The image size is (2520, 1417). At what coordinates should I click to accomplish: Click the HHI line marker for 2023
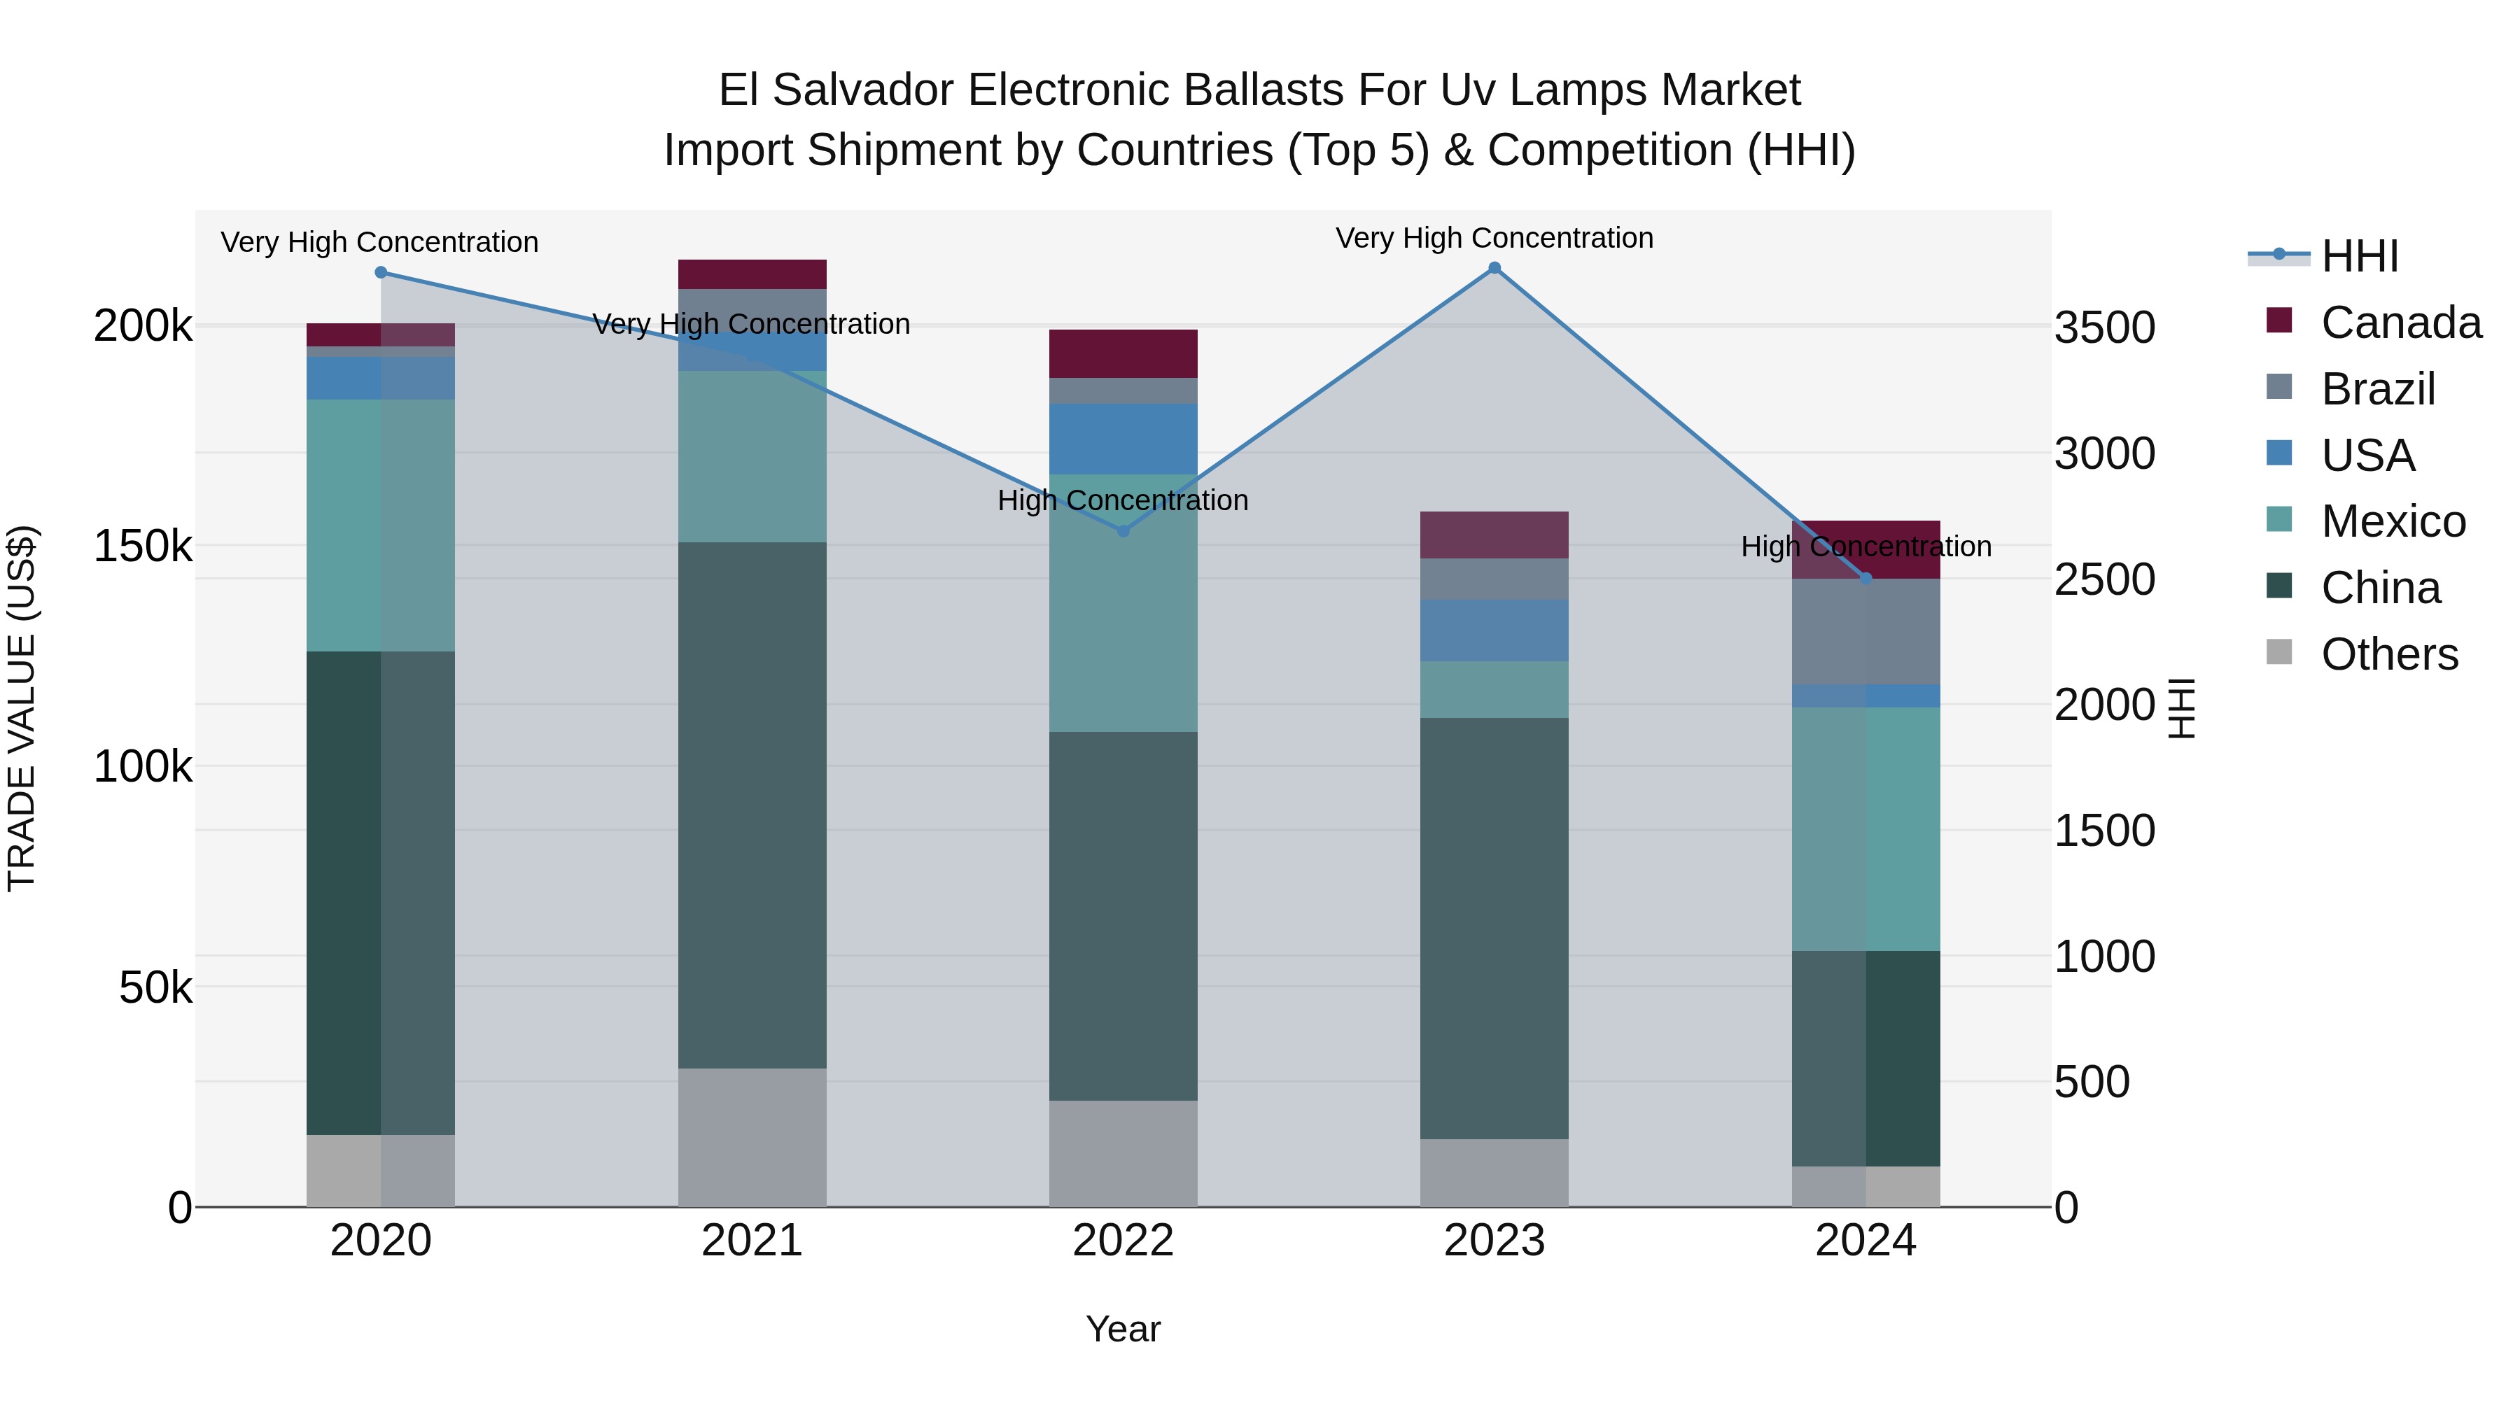(x=1494, y=268)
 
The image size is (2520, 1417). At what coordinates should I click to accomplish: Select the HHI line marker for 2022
(x=1123, y=531)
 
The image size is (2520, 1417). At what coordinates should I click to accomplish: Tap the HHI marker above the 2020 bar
(x=381, y=273)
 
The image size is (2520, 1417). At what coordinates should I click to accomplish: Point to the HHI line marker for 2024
(x=1865, y=579)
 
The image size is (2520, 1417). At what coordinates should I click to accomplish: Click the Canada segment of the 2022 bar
(x=1123, y=354)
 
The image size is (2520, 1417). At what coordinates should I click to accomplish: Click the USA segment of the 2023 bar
(x=1494, y=630)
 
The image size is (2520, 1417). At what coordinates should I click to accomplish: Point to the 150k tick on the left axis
(x=143, y=546)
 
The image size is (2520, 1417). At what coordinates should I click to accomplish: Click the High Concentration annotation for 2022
(x=1123, y=501)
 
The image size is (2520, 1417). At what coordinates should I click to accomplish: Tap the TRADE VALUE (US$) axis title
(x=22, y=708)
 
